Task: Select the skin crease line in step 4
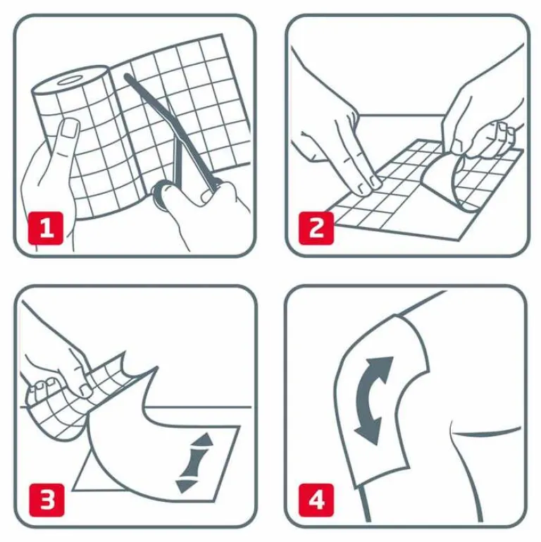[x=486, y=431]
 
